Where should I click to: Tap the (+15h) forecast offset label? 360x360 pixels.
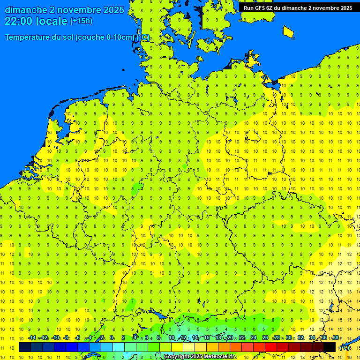(x=81, y=21)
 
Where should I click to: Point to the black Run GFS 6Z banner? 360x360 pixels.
(x=298, y=7)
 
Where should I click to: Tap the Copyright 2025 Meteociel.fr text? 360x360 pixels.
(x=199, y=357)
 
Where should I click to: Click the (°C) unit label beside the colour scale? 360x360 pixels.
(x=345, y=348)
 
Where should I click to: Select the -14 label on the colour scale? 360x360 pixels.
(x=32, y=338)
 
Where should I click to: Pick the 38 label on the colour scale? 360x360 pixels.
(x=335, y=338)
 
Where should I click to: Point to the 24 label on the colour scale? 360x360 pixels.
(x=254, y=338)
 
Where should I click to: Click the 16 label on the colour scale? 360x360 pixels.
(x=207, y=338)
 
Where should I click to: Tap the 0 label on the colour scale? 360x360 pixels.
(x=112, y=338)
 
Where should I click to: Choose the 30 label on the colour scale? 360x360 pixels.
(x=289, y=338)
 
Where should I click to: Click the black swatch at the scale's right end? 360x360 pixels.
(x=330, y=347)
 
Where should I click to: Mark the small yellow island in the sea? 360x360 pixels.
(x=288, y=32)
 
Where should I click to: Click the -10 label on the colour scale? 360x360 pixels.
(x=55, y=338)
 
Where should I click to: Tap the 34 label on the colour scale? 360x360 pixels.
(x=312, y=338)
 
